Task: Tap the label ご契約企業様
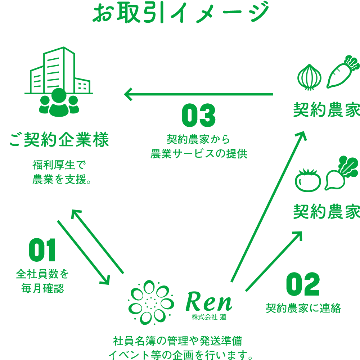(59, 140)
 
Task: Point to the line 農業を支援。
(61, 179)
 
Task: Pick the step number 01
(42, 249)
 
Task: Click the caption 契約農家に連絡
(303, 308)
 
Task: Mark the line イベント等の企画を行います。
(180, 354)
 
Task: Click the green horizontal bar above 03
(198, 94)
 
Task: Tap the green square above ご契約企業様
(59, 81)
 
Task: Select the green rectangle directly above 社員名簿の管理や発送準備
(179, 302)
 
